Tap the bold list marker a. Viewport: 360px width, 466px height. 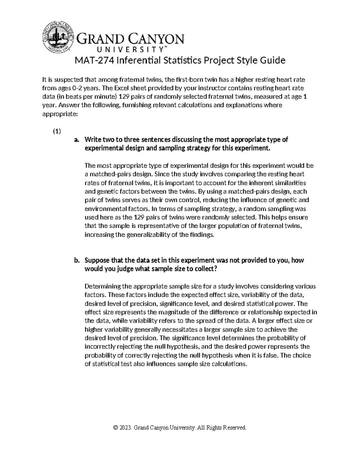click(x=76, y=140)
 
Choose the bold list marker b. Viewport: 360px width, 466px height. click(x=76, y=260)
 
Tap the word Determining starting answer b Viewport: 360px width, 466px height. click(x=102, y=286)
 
